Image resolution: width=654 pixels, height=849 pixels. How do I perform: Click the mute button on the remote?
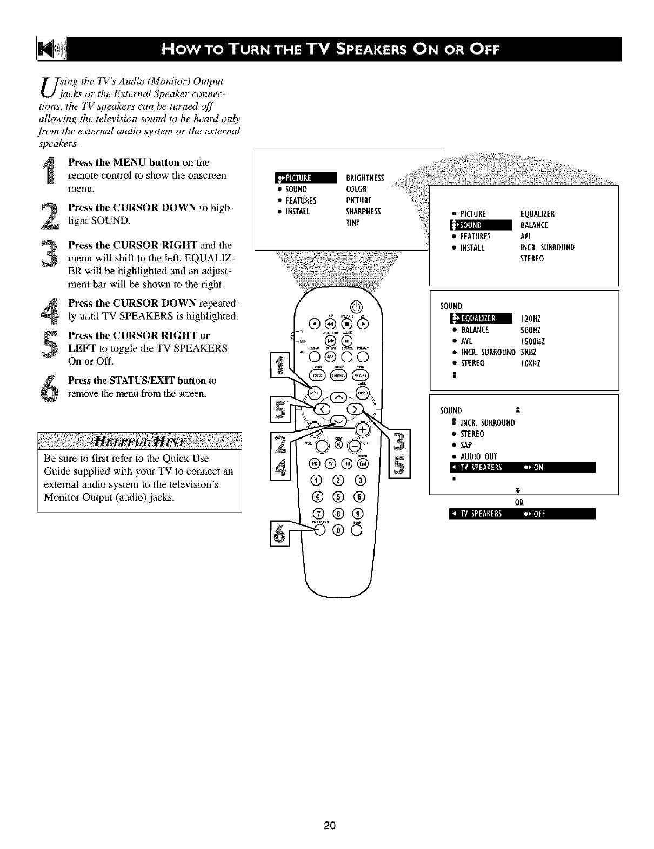(338, 445)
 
